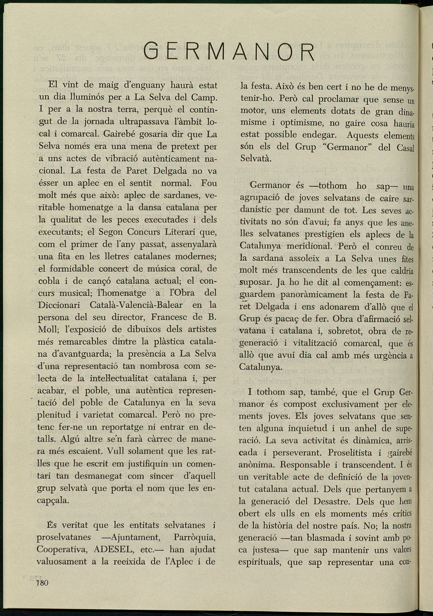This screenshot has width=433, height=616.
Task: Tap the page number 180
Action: click(x=43, y=582)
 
